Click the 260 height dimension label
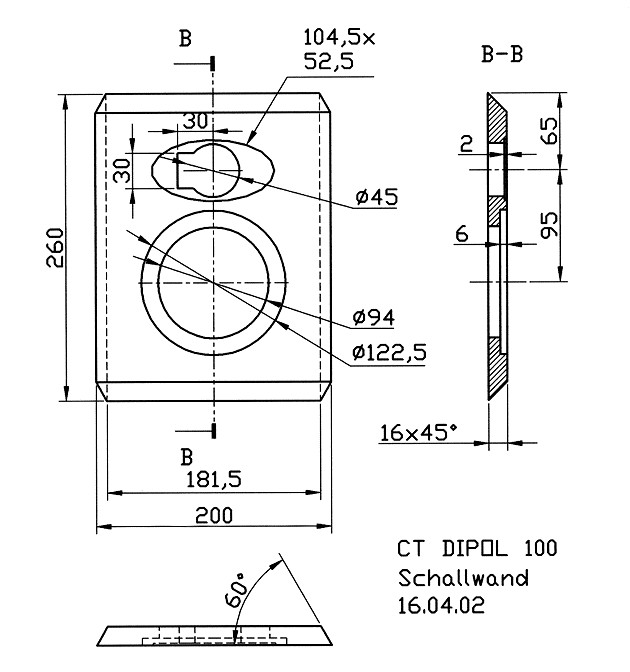(55, 248)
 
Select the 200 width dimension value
(214, 515)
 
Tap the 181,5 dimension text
(213, 480)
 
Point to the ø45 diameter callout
(377, 197)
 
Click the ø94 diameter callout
(373, 318)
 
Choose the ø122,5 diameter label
(389, 353)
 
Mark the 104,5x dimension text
(339, 37)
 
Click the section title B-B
(502, 54)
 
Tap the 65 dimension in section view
(549, 131)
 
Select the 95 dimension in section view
(549, 225)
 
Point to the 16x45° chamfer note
(418, 432)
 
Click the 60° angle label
(237, 589)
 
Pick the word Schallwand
(463, 578)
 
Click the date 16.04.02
(441, 606)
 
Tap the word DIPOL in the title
(475, 548)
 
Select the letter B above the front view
(185, 39)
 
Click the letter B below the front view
(186, 457)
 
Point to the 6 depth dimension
(462, 234)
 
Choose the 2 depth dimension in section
(466, 144)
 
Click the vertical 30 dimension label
(123, 171)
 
